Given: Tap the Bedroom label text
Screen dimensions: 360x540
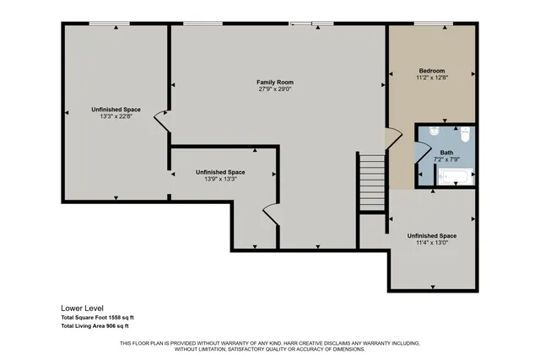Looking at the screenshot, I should [431, 70].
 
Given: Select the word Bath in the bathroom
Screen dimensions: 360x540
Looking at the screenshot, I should [446, 153].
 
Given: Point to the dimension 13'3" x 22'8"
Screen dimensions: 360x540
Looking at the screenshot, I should [116, 116].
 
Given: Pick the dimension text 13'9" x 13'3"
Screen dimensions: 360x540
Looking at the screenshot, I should [220, 179].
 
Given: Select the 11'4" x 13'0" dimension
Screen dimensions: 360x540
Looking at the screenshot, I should [431, 243].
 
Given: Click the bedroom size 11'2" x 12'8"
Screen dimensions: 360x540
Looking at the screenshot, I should [431, 78].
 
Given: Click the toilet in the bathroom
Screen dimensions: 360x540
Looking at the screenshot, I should [465, 133].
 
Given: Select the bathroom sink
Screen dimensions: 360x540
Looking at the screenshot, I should [432, 132].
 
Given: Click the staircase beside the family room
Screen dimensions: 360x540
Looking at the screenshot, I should [371, 183].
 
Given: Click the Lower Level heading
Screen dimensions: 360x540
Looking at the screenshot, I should [80, 308].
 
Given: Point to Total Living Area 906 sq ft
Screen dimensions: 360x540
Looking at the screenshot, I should [94, 325].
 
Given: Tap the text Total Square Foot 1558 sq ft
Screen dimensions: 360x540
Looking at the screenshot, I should [97, 317].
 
